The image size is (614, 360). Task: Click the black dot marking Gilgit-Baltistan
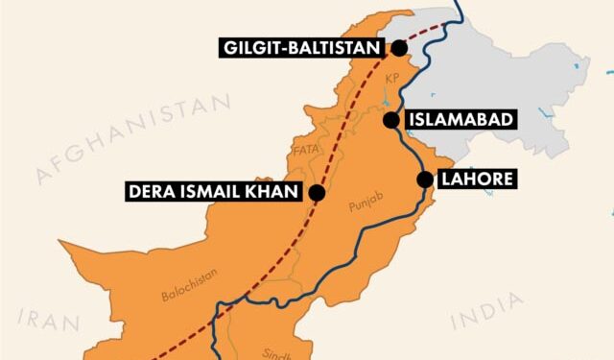(x=398, y=47)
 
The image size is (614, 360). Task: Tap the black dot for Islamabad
(x=391, y=120)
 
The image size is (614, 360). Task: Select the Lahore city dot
(x=424, y=179)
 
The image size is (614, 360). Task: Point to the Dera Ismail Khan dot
(x=318, y=192)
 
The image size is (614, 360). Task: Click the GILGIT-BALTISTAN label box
(x=302, y=47)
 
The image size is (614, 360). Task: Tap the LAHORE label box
(x=477, y=179)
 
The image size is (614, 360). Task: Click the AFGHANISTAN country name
(x=134, y=140)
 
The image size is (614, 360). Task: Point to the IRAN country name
(x=44, y=318)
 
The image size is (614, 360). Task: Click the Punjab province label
(x=364, y=205)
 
